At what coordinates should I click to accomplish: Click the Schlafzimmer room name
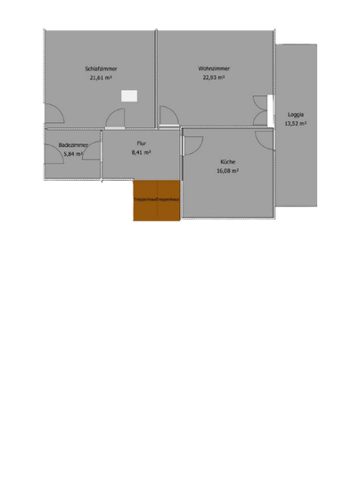102,69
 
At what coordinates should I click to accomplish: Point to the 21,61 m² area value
102,77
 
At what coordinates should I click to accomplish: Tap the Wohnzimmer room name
214,69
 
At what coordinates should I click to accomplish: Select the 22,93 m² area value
214,77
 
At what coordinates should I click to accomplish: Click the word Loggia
295,115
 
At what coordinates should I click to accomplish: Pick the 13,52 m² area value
295,124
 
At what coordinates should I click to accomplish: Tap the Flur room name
141,143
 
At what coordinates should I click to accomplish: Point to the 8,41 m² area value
141,152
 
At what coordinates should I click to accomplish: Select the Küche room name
228,161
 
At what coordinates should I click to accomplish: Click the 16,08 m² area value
228,170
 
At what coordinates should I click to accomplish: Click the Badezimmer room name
72,145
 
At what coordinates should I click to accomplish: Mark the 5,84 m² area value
72,154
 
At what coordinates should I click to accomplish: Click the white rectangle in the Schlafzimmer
130,94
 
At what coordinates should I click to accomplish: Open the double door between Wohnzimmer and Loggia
261,111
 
